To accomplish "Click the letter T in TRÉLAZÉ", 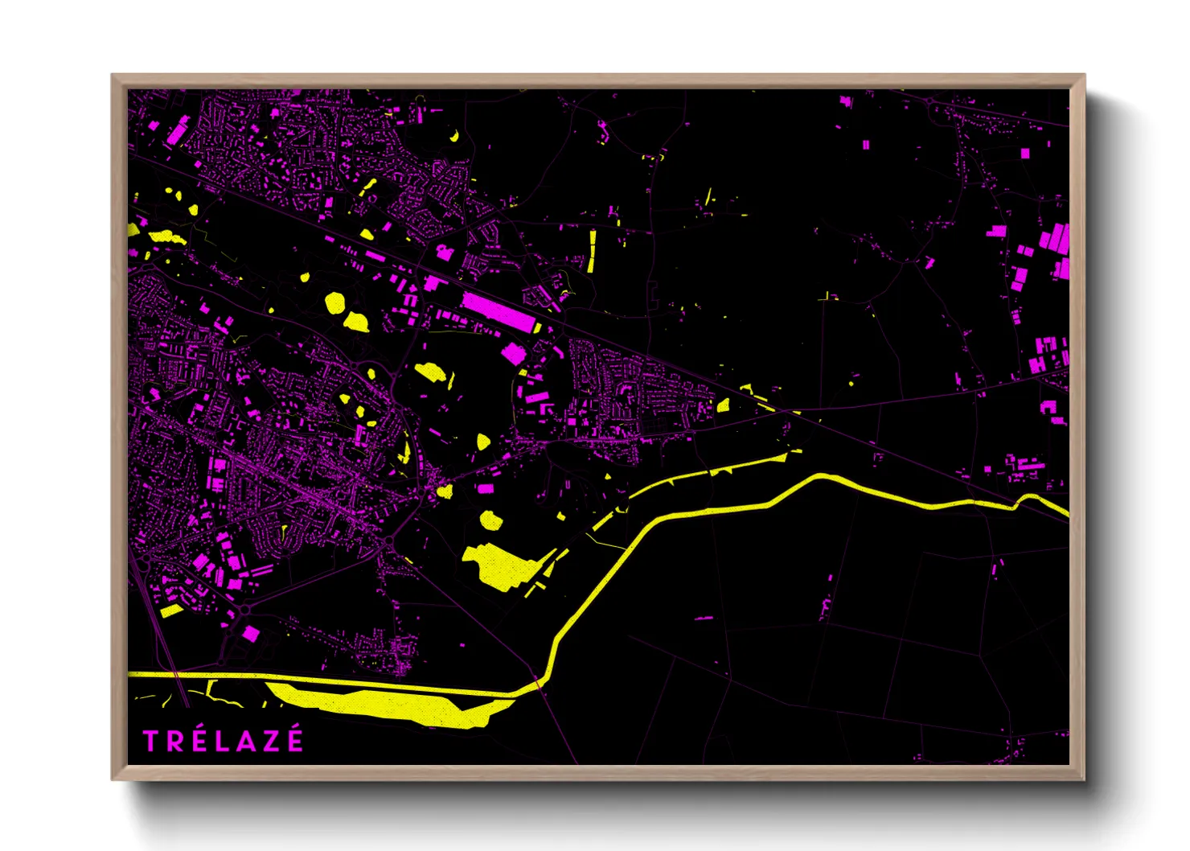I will coord(150,741).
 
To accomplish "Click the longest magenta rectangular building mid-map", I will coord(499,312).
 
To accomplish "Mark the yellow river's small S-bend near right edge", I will coord(1027,502).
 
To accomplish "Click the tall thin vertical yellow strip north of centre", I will coord(593,252).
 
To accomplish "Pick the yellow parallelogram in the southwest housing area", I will coord(171,610).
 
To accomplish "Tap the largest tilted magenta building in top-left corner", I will coord(178,129).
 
